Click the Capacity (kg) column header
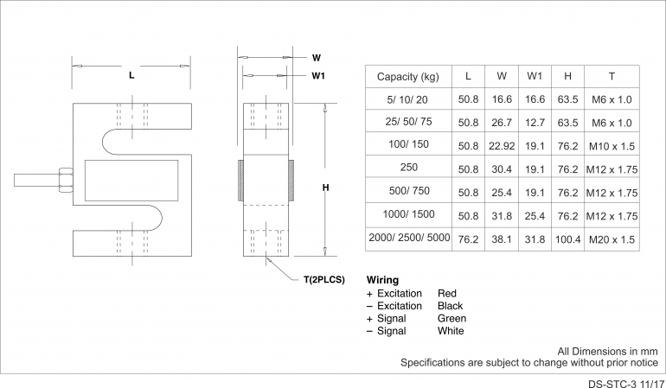pyautogui.click(x=407, y=77)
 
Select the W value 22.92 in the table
pyautogui.click(x=502, y=146)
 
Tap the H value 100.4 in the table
pyautogui.click(x=568, y=239)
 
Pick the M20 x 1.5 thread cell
pyautogui.click(x=612, y=239)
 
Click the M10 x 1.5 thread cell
pyautogui.click(x=612, y=146)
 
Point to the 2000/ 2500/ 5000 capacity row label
pyautogui.click(x=409, y=238)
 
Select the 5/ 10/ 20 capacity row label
pyautogui.click(x=407, y=99)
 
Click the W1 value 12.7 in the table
pyautogui.click(x=535, y=123)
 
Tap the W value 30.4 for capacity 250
pyautogui.click(x=502, y=169)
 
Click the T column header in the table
pyautogui.click(x=612, y=76)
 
